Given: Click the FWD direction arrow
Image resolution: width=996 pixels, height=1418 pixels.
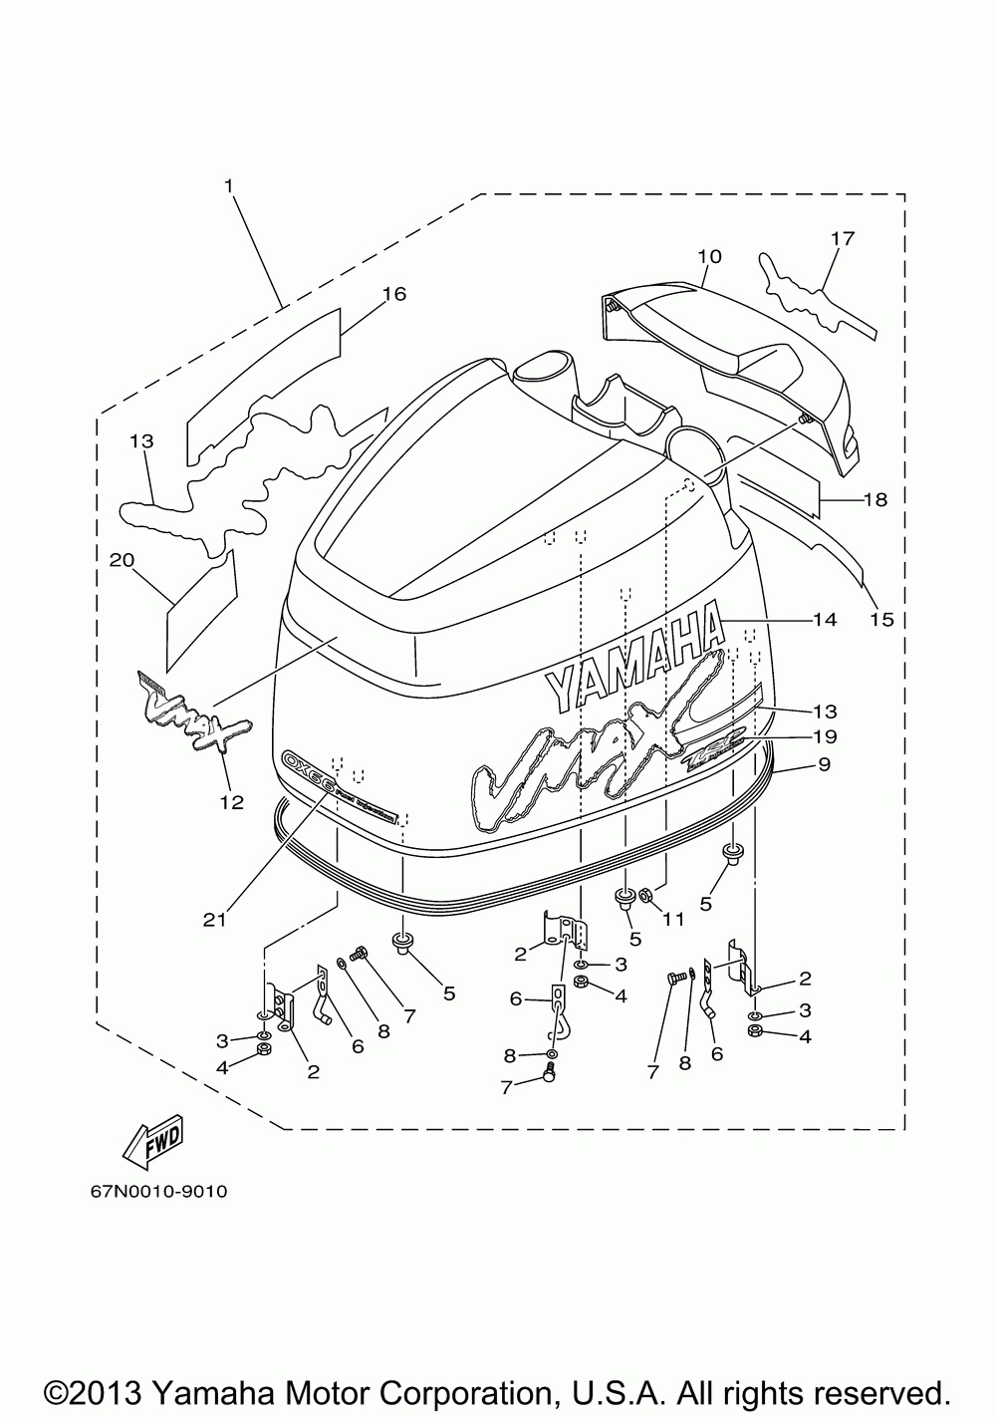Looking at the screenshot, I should (x=153, y=1144).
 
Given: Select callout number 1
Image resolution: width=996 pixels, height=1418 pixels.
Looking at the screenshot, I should (x=229, y=185).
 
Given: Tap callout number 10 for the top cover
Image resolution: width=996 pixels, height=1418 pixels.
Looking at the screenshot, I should (x=708, y=256).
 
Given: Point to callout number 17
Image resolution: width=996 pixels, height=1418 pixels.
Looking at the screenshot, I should (x=843, y=239).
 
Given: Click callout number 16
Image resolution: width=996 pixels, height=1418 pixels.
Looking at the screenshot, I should (x=393, y=294).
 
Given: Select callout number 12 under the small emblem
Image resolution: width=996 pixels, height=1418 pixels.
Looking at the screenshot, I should (x=231, y=801).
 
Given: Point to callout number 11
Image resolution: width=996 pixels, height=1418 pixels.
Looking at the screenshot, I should (x=674, y=920).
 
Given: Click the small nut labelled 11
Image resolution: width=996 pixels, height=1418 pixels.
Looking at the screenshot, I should (x=645, y=897).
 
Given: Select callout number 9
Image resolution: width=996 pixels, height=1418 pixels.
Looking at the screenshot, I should (x=824, y=765).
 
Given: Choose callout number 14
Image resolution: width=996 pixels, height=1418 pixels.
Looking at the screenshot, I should (x=824, y=620).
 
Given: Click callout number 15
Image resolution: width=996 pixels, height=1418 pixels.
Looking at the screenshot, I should (x=880, y=620).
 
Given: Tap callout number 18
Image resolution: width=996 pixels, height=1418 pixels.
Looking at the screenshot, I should (x=874, y=499).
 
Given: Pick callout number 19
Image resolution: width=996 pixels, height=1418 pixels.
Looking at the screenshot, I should (x=824, y=737).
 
